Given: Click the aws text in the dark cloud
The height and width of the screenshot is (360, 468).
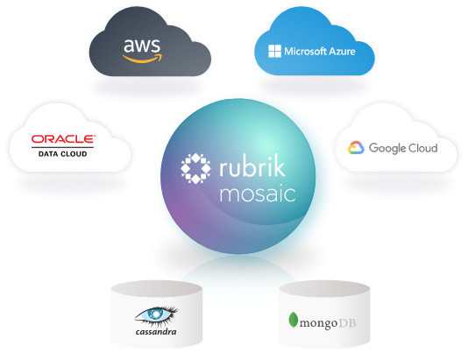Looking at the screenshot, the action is (x=142, y=46).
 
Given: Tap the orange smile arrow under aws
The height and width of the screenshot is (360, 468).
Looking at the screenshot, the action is (x=143, y=59).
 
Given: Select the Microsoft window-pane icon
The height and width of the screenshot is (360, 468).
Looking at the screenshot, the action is (x=274, y=52).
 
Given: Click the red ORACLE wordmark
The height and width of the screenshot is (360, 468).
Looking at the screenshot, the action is (x=63, y=139).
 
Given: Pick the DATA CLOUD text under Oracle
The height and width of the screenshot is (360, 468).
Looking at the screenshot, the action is (x=63, y=154).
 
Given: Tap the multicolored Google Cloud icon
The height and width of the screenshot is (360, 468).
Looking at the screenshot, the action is (x=356, y=147).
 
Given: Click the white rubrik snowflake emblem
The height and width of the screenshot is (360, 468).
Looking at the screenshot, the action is (x=195, y=168).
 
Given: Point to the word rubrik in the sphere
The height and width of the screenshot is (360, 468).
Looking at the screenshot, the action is (x=252, y=166).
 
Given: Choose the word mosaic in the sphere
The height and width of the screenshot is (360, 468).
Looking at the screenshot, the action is (x=258, y=194).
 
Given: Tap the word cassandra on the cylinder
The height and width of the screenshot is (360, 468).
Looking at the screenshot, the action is (x=156, y=332).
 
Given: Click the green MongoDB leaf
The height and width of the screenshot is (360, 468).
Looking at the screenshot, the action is (x=294, y=320).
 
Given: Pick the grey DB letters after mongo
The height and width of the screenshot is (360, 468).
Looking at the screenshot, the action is (x=347, y=322).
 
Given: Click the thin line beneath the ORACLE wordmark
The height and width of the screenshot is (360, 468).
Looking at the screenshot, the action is (x=63, y=147).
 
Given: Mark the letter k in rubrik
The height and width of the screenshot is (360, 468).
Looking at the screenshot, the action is (x=279, y=166).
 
